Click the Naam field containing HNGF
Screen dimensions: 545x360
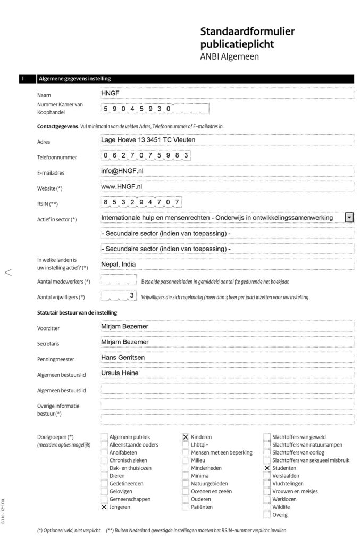pyautogui.click(x=227, y=93)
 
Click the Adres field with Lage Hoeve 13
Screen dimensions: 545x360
pyautogui.click(x=227, y=141)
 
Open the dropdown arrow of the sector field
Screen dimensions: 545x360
pyautogui.click(x=349, y=218)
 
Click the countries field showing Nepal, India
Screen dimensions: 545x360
pyautogui.click(x=227, y=265)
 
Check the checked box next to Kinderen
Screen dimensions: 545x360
pyautogui.click(x=186, y=437)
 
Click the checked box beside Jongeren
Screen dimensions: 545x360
pyautogui.click(x=104, y=507)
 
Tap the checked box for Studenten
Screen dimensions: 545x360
pyautogui.click(x=267, y=468)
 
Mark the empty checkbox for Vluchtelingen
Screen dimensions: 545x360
pyautogui.click(x=267, y=484)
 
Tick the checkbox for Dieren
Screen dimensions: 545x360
pyautogui.click(x=104, y=476)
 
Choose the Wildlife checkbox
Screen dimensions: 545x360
pyautogui.click(x=267, y=507)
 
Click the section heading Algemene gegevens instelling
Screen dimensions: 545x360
pyautogui.click(x=74, y=79)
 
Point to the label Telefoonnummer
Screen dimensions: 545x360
pyautogui.click(x=57, y=158)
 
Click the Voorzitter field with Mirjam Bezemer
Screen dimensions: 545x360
pyautogui.click(x=227, y=326)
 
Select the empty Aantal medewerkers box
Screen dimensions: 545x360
pyautogui.click(x=119, y=280)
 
